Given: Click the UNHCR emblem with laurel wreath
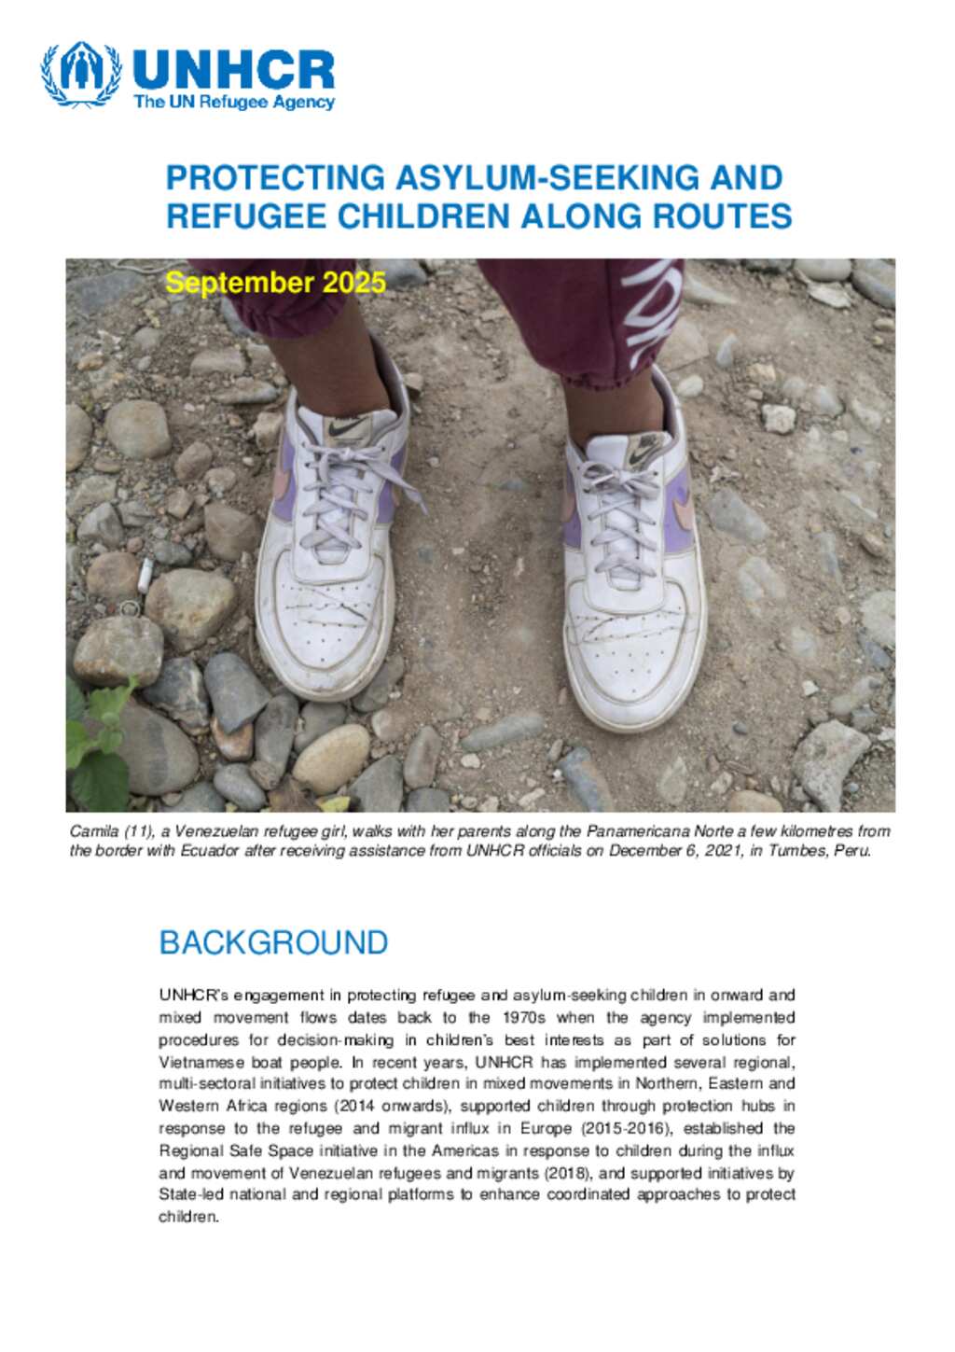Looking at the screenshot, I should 81,74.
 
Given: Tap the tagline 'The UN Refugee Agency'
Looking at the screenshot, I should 233,103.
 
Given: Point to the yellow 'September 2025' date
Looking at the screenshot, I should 275,283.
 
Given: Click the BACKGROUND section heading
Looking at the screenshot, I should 273,942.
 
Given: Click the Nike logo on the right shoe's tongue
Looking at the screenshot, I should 644,453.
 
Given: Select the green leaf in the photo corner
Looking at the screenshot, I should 98,746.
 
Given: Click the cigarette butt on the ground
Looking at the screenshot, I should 145,577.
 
